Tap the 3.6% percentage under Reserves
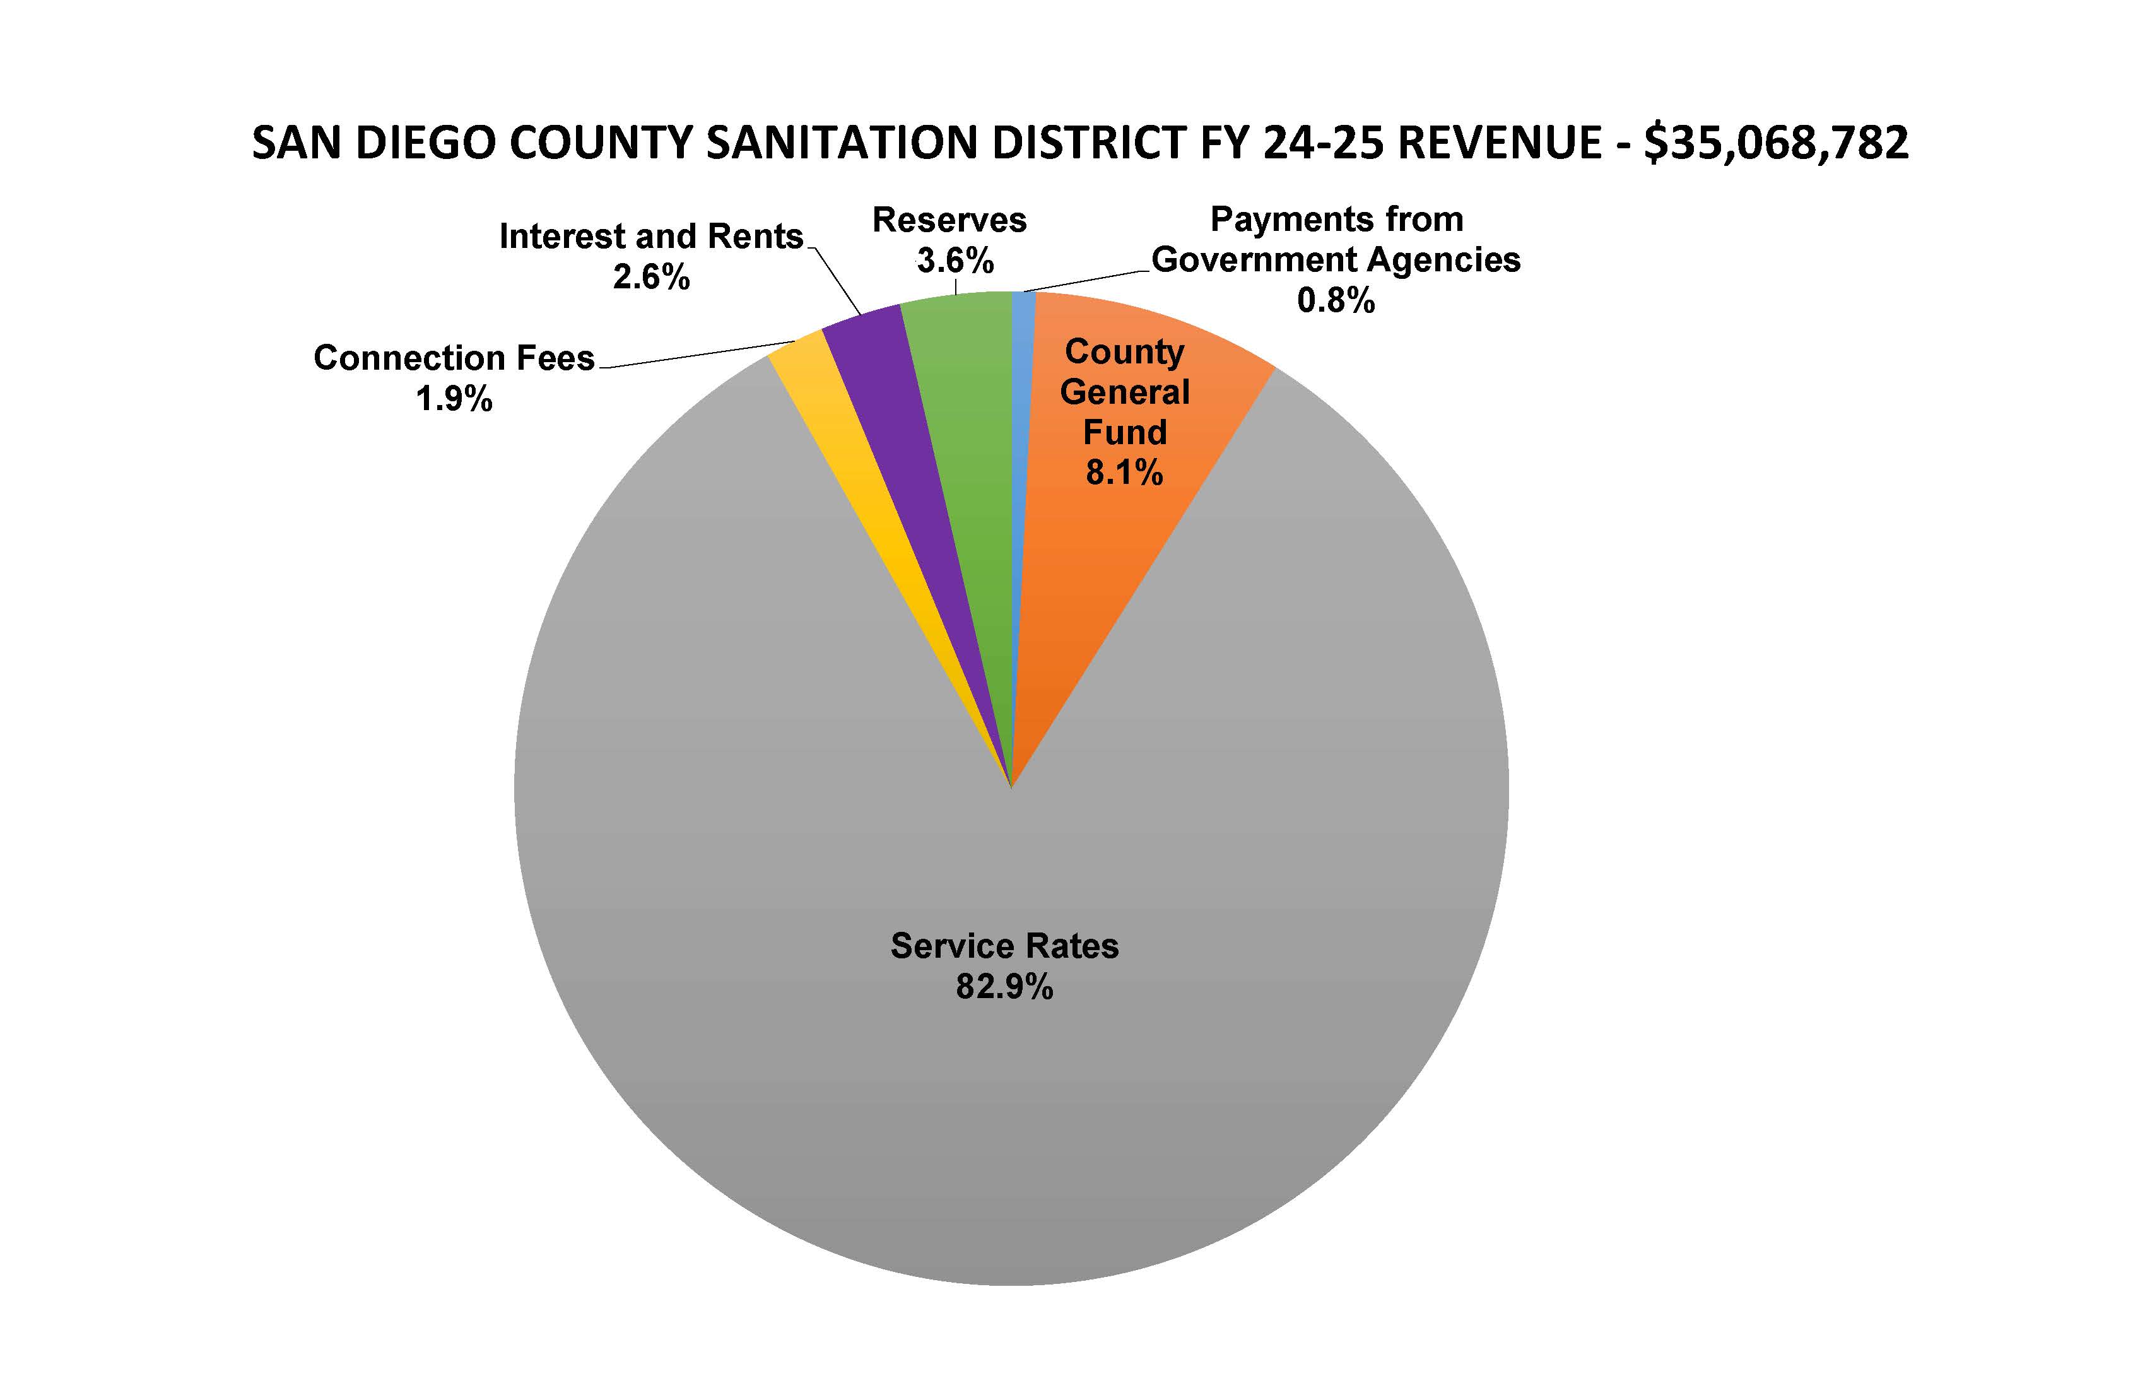[955, 261]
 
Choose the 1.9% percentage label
[454, 398]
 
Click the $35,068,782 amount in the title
[1775, 143]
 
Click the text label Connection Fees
[454, 358]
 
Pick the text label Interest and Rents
[650, 236]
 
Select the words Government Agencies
[1336, 259]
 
